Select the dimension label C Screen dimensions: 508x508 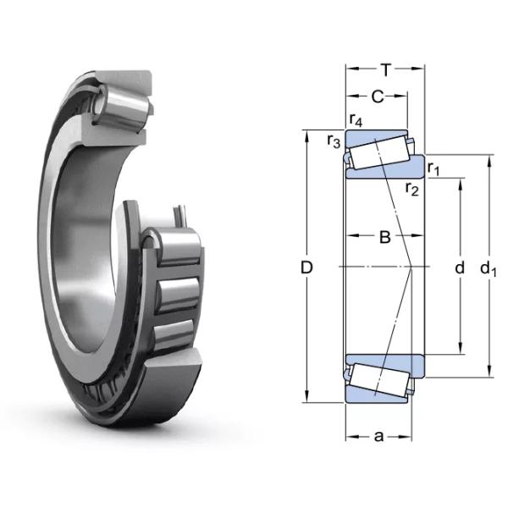[x=377, y=97]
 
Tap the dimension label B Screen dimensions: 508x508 [x=384, y=238]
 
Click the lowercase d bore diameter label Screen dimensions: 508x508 [x=460, y=268]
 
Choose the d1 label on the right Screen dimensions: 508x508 [x=489, y=269]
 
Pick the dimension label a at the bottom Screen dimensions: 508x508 [x=378, y=437]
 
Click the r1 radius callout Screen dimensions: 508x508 [x=433, y=168]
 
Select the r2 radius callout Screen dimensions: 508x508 [x=412, y=188]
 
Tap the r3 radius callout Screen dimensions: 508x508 [x=334, y=141]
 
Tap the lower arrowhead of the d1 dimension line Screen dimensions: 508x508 [x=489, y=373]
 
